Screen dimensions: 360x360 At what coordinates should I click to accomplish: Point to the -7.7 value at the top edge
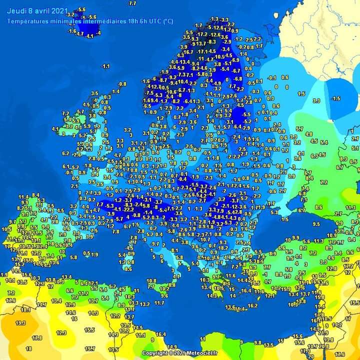(x=131, y=3)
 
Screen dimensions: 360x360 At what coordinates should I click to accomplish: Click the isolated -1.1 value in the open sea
(x=105, y=66)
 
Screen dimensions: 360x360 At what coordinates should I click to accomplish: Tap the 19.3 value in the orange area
(x=20, y=323)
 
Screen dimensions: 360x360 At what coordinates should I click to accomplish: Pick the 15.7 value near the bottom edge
(x=90, y=348)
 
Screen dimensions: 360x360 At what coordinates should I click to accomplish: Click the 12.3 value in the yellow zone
(x=61, y=332)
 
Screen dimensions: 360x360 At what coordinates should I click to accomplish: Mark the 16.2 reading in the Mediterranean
(x=252, y=305)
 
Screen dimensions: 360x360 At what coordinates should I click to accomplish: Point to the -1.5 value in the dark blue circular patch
(x=336, y=98)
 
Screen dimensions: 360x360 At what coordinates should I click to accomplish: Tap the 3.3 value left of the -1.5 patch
(x=316, y=100)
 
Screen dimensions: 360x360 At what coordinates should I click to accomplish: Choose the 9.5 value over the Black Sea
(x=316, y=224)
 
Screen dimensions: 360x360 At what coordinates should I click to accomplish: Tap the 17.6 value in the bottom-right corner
(x=353, y=354)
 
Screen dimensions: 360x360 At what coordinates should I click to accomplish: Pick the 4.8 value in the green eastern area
(x=309, y=133)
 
